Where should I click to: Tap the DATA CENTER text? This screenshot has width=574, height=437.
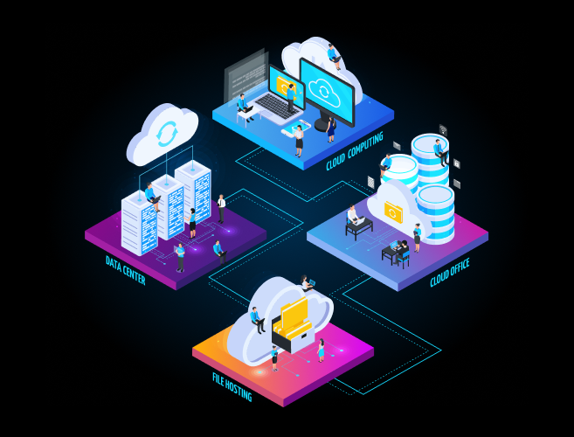(x=125, y=270)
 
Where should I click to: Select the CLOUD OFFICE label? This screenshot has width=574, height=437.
(x=449, y=273)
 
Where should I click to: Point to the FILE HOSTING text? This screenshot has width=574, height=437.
(x=232, y=385)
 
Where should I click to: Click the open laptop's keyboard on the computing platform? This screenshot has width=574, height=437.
(x=276, y=108)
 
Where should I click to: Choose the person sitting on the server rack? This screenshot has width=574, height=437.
(x=153, y=194)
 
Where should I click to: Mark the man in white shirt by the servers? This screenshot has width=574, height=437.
(x=222, y=207)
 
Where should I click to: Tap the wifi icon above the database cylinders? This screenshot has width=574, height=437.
(x=443, y=130)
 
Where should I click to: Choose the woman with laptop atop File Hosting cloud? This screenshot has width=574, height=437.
(x=306, y=283)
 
